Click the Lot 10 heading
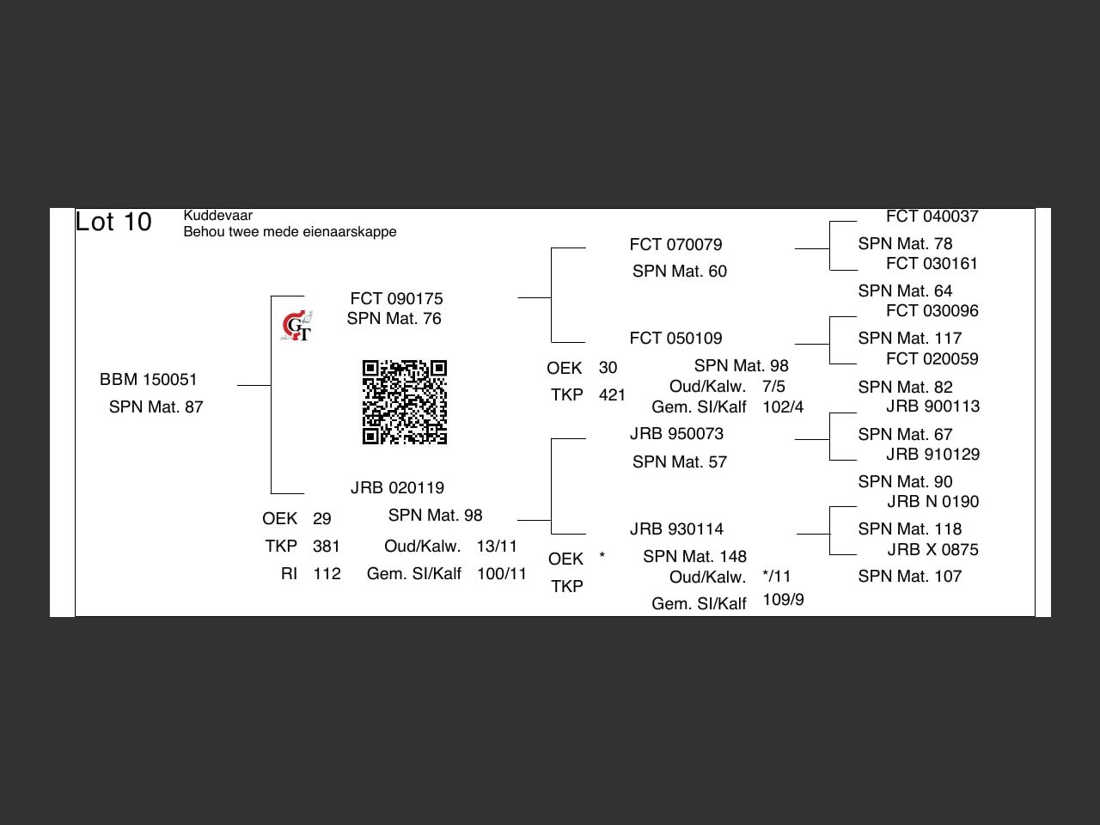(113, 222)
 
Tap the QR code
(405, 402)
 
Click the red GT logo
(296, 327)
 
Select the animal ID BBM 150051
(149, 380)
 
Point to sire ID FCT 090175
(396, 299)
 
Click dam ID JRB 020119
(397, 488)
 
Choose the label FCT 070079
(675, 245)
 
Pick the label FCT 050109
(675, 339)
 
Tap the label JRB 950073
(676, 434)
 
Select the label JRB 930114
(676, 529)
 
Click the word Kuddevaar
(217, 216)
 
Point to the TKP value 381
(327, 547)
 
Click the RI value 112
(327, 574)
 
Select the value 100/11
(502, 574)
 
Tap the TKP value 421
(612, 395)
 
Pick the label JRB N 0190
(932, 502)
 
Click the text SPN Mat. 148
(694, 557)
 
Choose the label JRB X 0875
(932, 550)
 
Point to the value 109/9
(783, 600)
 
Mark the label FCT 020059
(932, 359)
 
